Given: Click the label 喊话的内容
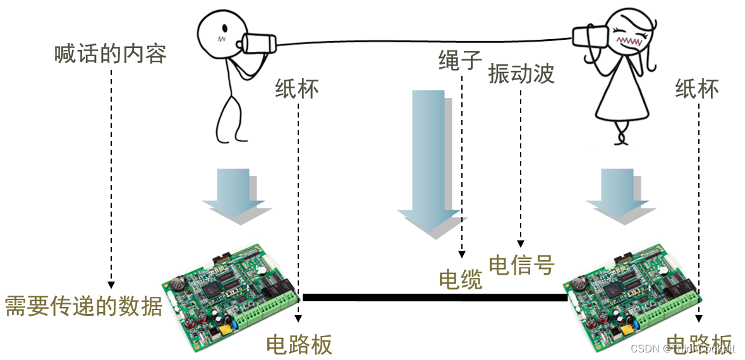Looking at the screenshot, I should (x=111, y=55).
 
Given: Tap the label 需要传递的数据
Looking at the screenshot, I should (x=83, y=306).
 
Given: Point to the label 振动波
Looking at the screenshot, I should (x=521, y=74).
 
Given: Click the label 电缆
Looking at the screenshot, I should (x=461, y=279).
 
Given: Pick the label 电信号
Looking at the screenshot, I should (x=522, y=265).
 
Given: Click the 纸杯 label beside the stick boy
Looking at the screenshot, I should (x=297, y=89).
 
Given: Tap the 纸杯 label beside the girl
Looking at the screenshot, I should (x=697, y=89).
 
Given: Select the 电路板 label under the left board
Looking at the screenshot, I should (x=299, y=345).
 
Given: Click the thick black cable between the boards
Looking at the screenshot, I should (x=432, y=297).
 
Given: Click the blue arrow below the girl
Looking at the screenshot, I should (x=616, y=193).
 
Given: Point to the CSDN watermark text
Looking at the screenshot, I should (x=682, y=349).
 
